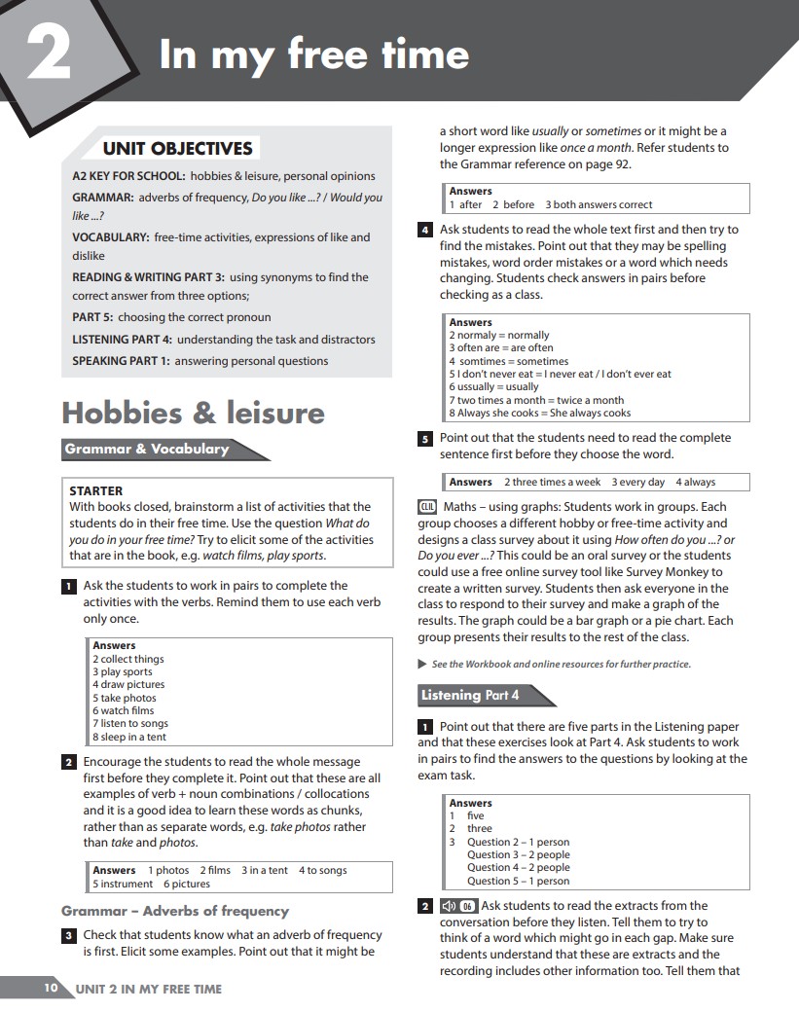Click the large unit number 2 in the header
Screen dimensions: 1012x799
[x=48, y=55]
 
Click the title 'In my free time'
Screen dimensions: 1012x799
[x=313, y=54]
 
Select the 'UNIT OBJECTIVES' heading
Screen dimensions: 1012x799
[x=178, y=149]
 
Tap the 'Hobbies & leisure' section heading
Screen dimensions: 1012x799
[x=193, y=413]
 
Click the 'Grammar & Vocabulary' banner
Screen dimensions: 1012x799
[x=148, y=450]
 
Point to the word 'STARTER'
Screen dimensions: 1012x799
[x=96, y=491]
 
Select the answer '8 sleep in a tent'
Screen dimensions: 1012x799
[x=129, y=737]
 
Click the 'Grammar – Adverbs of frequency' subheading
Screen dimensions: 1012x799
[x=175, y=911]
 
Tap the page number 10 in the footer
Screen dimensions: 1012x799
[x=51, y=989]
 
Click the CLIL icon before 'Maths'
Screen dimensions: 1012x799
[x=427, y=507]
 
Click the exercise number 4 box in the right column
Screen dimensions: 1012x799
[x=425, y=231]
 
